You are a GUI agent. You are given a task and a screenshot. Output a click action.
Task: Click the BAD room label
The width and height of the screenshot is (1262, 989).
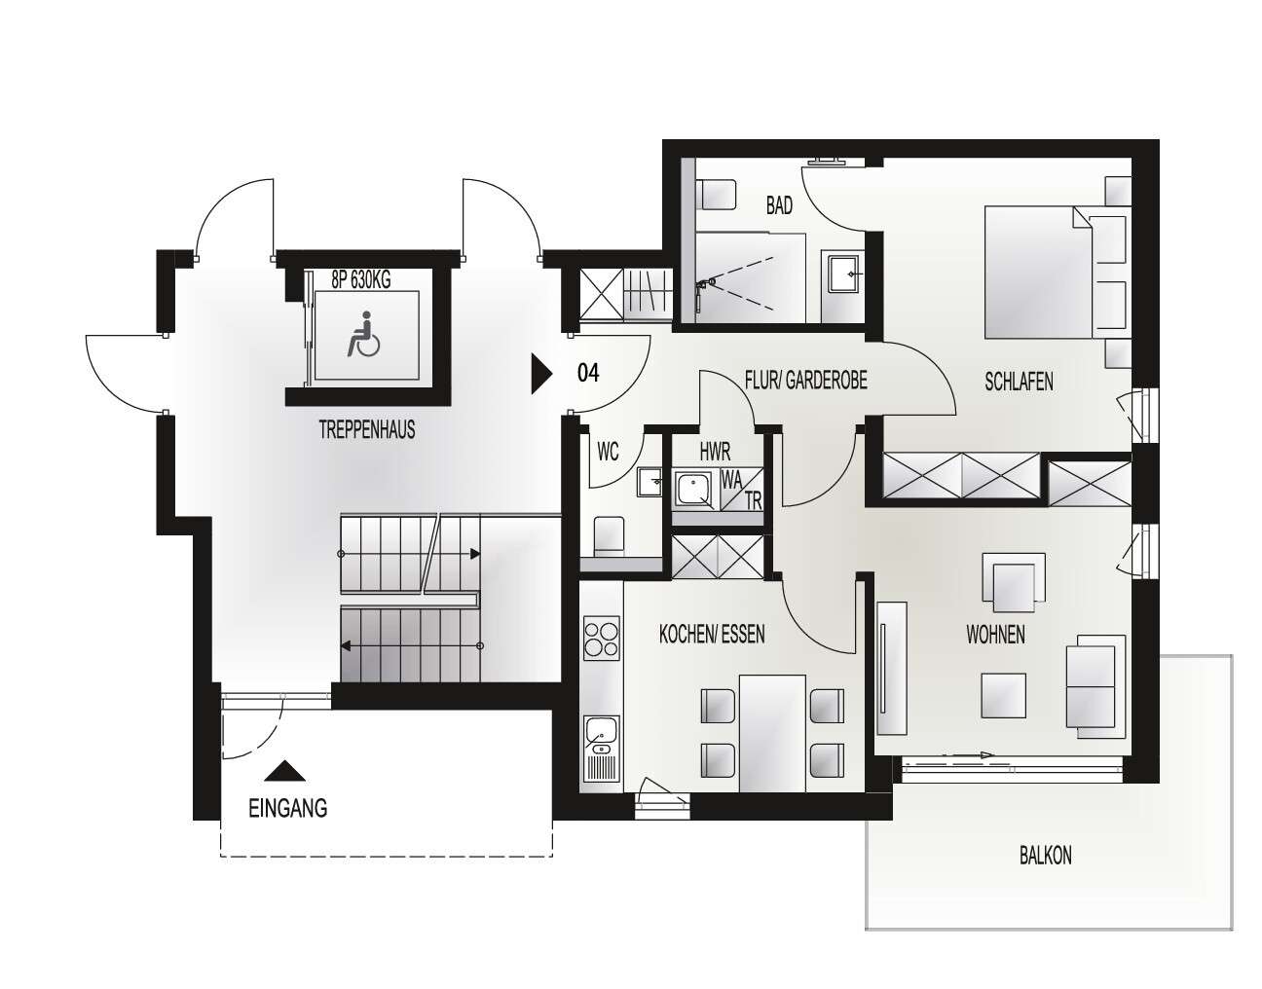tap(779, 206)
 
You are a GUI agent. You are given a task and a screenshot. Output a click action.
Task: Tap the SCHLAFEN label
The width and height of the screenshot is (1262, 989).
tap(1019, 383)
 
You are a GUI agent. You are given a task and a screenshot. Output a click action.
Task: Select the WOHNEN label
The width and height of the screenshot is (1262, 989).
tap(995, 636)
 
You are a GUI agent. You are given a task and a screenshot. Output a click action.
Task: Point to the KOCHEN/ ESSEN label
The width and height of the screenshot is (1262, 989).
tap(712, 635)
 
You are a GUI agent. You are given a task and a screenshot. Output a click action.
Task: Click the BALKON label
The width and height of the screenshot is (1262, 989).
tap(1045, 856)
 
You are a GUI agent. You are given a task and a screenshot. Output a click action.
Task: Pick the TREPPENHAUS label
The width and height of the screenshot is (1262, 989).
tap(366, 429)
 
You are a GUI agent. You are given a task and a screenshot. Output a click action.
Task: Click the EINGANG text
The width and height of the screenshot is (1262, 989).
tap(287, 808)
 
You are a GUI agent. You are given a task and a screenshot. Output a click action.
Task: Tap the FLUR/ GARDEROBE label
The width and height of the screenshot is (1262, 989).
tap(805, 381)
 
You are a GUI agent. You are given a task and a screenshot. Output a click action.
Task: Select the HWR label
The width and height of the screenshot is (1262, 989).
tap(715, 452)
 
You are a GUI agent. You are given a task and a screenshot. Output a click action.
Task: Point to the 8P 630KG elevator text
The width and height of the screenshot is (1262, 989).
tap(360, 281)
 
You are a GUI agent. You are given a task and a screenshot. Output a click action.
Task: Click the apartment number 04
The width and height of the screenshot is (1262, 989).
tap(588, 373)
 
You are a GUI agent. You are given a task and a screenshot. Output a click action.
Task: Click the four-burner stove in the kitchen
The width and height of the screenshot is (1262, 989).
tap(601, 640)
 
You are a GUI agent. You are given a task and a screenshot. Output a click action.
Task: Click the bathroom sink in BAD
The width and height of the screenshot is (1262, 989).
tap(842, 275)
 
